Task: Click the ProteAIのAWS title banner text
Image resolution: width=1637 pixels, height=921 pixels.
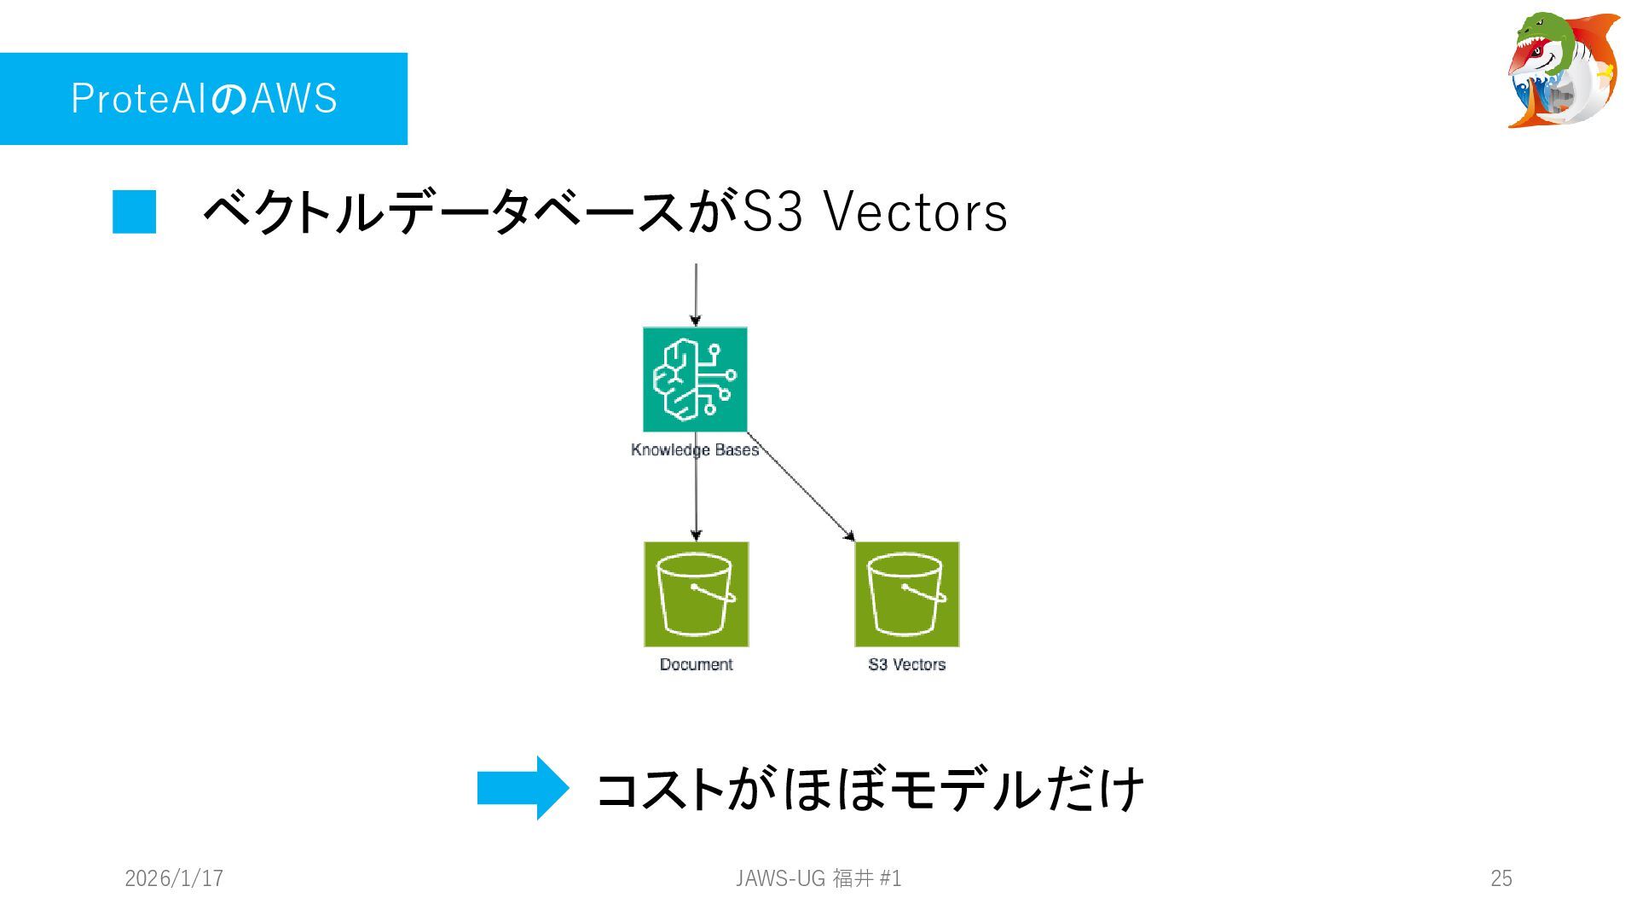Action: click(204, 98)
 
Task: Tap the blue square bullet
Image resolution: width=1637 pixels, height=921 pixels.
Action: click(135, 211)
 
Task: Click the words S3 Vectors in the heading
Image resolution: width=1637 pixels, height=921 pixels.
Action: click(875, 211)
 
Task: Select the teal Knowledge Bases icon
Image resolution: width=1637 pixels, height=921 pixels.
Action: click(695, 379)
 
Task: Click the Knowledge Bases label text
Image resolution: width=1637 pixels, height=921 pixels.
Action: click(695, 450)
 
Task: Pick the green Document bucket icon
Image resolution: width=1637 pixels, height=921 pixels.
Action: click(696, 594)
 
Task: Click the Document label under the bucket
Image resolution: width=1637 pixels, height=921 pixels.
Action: click(696, 664)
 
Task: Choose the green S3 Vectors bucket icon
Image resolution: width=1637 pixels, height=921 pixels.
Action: click(906, 594)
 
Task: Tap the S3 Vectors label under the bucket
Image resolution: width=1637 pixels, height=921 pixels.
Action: click(906, 664)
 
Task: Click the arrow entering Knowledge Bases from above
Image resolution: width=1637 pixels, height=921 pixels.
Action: click(696, 294)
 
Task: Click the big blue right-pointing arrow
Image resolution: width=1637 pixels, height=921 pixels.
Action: click(522, 787)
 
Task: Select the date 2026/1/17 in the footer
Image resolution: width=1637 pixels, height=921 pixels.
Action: click(174, 878)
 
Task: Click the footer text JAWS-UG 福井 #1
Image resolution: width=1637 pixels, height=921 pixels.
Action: click(818, 878)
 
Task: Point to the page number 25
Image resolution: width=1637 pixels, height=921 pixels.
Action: click(1501, 878)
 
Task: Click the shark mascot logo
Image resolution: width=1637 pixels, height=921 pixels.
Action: click(1563, 70)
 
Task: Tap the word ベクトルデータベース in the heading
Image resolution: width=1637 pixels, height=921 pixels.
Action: click(443, 211)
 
